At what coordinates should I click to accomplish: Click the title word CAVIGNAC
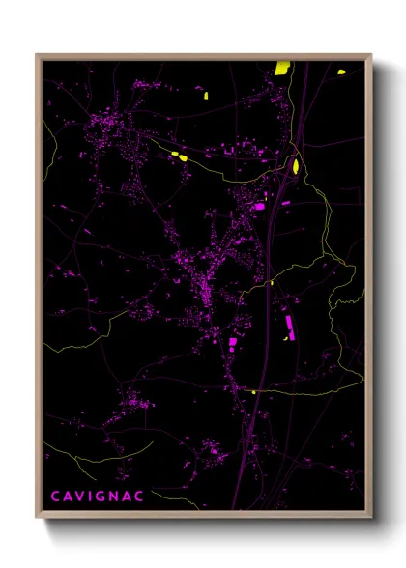(98, 497)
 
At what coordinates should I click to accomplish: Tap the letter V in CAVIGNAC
(80, 497)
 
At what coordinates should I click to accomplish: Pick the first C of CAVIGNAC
(54, 497)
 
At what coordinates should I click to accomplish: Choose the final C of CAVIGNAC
(142, 497)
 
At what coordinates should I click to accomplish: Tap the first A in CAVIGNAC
(67, 497)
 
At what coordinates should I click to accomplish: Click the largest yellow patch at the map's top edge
(282, 68)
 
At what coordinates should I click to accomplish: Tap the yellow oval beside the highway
(296, 166)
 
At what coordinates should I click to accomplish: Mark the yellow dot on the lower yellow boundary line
(253, 392)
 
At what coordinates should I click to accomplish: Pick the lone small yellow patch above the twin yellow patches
(205, 95)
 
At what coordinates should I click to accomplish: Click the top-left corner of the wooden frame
(37, 54)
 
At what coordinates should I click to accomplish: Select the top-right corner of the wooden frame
(371, 54)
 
